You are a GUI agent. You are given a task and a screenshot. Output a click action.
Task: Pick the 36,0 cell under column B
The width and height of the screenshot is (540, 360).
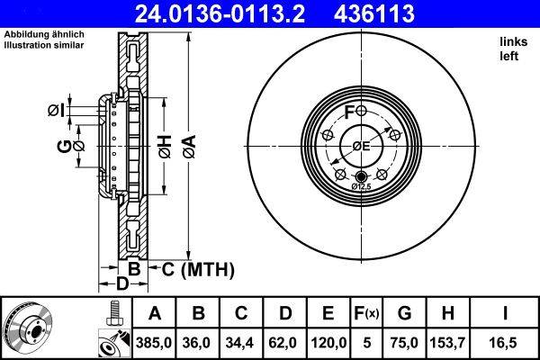click(199, 342)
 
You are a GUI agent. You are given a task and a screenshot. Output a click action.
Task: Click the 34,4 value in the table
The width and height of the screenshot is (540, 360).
click(242, 342)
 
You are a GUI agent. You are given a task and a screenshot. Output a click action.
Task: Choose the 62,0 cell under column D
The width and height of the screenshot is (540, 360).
click(285, 342)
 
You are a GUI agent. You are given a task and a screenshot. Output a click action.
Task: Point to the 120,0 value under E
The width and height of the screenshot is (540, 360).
click(328, 342)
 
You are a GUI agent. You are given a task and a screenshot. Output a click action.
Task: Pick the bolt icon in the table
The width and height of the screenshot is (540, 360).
click(112, 312)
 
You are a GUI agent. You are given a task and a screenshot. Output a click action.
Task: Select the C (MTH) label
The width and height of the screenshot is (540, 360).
click(198, 268)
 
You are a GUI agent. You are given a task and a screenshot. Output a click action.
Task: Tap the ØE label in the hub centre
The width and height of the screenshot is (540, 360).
click(361, 146)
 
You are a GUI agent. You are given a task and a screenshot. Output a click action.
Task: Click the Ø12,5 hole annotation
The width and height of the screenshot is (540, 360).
click(361, 185)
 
